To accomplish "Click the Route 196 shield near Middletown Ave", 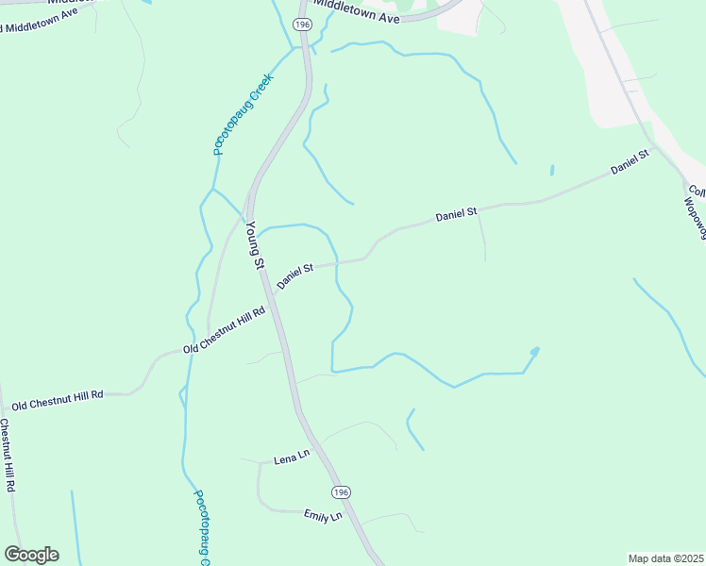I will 302,24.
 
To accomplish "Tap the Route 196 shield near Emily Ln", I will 341,492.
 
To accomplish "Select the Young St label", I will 254,245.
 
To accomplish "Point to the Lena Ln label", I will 292,458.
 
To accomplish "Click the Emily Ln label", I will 322,516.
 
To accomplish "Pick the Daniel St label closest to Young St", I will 294,276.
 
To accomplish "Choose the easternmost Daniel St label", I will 630,161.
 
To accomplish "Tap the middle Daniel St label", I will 458,216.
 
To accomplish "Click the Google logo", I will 31,554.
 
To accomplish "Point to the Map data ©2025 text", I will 665,558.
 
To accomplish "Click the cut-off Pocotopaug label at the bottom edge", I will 200,528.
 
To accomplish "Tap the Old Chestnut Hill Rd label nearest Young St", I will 225,329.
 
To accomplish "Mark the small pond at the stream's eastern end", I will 535,352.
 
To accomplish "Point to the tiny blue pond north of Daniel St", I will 551,171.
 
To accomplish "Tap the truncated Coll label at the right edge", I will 697,189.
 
